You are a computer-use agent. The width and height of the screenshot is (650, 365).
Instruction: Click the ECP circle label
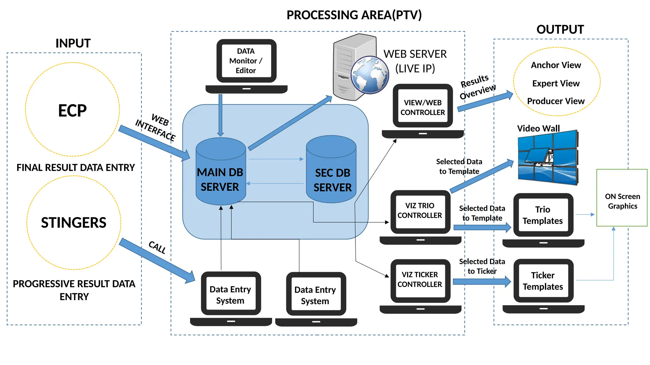[x=72, y=111]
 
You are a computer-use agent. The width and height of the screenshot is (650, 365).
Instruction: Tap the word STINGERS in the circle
[x=74, y=222]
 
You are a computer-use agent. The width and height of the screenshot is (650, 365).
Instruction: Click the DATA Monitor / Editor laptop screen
[x=246, y=61]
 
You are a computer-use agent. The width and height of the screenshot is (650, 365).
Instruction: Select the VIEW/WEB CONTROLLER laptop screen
[x=422, y=107]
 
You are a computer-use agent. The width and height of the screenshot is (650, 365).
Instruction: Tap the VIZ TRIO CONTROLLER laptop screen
[x=420, y=210]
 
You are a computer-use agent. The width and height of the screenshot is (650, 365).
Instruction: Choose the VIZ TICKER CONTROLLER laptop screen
[x=420, y=279]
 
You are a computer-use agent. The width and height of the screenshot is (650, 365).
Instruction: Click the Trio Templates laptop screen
[x=543, y=215]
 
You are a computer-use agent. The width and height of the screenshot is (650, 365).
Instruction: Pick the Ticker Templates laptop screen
[x=543, y=281]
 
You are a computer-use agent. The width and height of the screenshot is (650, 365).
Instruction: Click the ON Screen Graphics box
[x=622, y=201]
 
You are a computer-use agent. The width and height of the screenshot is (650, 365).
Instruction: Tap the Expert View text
[x=556, y=83]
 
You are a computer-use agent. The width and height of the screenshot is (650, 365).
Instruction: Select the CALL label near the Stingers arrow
[x=157, y=247]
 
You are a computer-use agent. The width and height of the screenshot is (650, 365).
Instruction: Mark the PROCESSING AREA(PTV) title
[x=354, y=15]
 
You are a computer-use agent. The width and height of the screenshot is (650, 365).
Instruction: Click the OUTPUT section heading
[x=560, y=29]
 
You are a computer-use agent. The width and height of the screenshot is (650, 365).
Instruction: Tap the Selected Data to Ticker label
[x=482, y=266]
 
